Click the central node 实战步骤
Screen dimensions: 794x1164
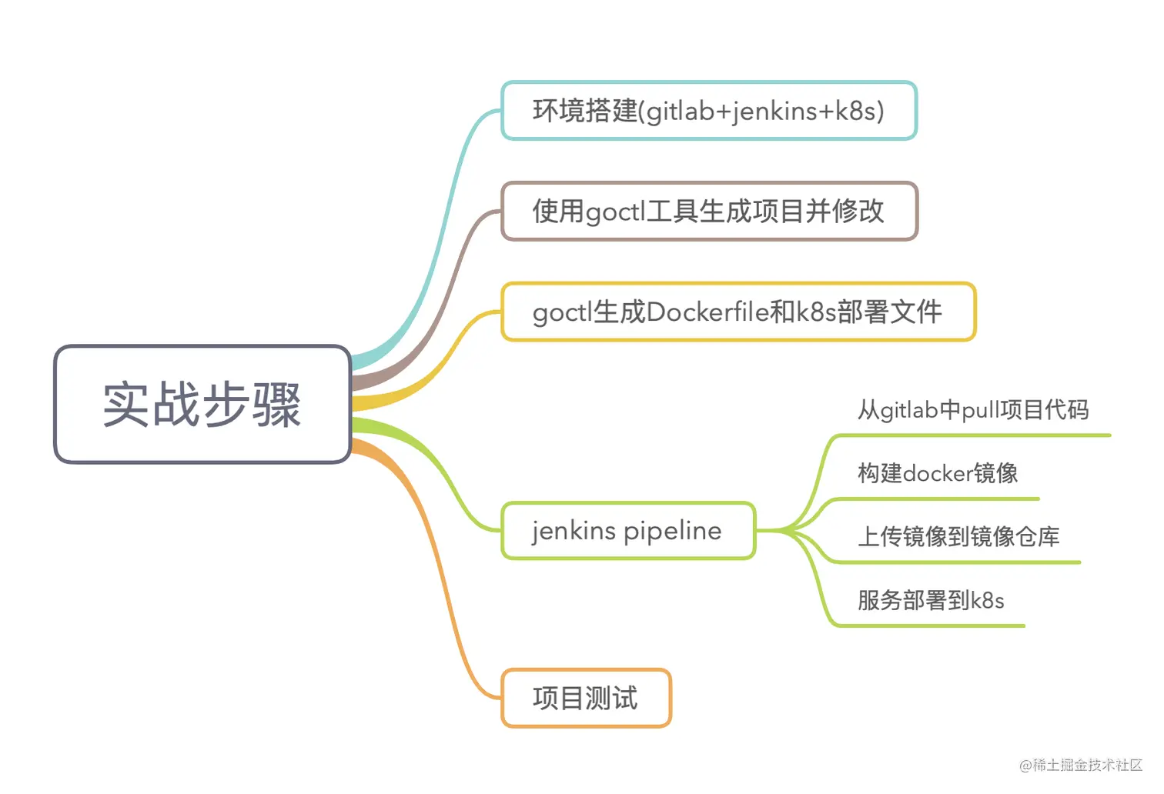(x=202, y=404)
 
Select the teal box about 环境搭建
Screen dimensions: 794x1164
(x=708, y=111)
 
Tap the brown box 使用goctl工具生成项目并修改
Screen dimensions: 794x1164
(x=708, y=211)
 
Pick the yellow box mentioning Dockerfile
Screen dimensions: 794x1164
(x=738, y=312)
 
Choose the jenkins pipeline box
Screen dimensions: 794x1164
(x=627, y=531)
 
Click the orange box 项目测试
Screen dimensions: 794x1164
(x=585, y=699)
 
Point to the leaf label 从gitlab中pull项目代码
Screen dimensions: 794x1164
(x=973, y=410)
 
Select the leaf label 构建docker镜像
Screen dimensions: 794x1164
(x=938, y=473)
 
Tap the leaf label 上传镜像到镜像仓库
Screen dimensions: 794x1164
(x=958, y=536)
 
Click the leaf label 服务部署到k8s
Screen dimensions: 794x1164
(x=931, y=600)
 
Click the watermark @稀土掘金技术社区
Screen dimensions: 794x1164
(x=1081, y=765)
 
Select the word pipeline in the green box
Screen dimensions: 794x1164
(x=673, y=531)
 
